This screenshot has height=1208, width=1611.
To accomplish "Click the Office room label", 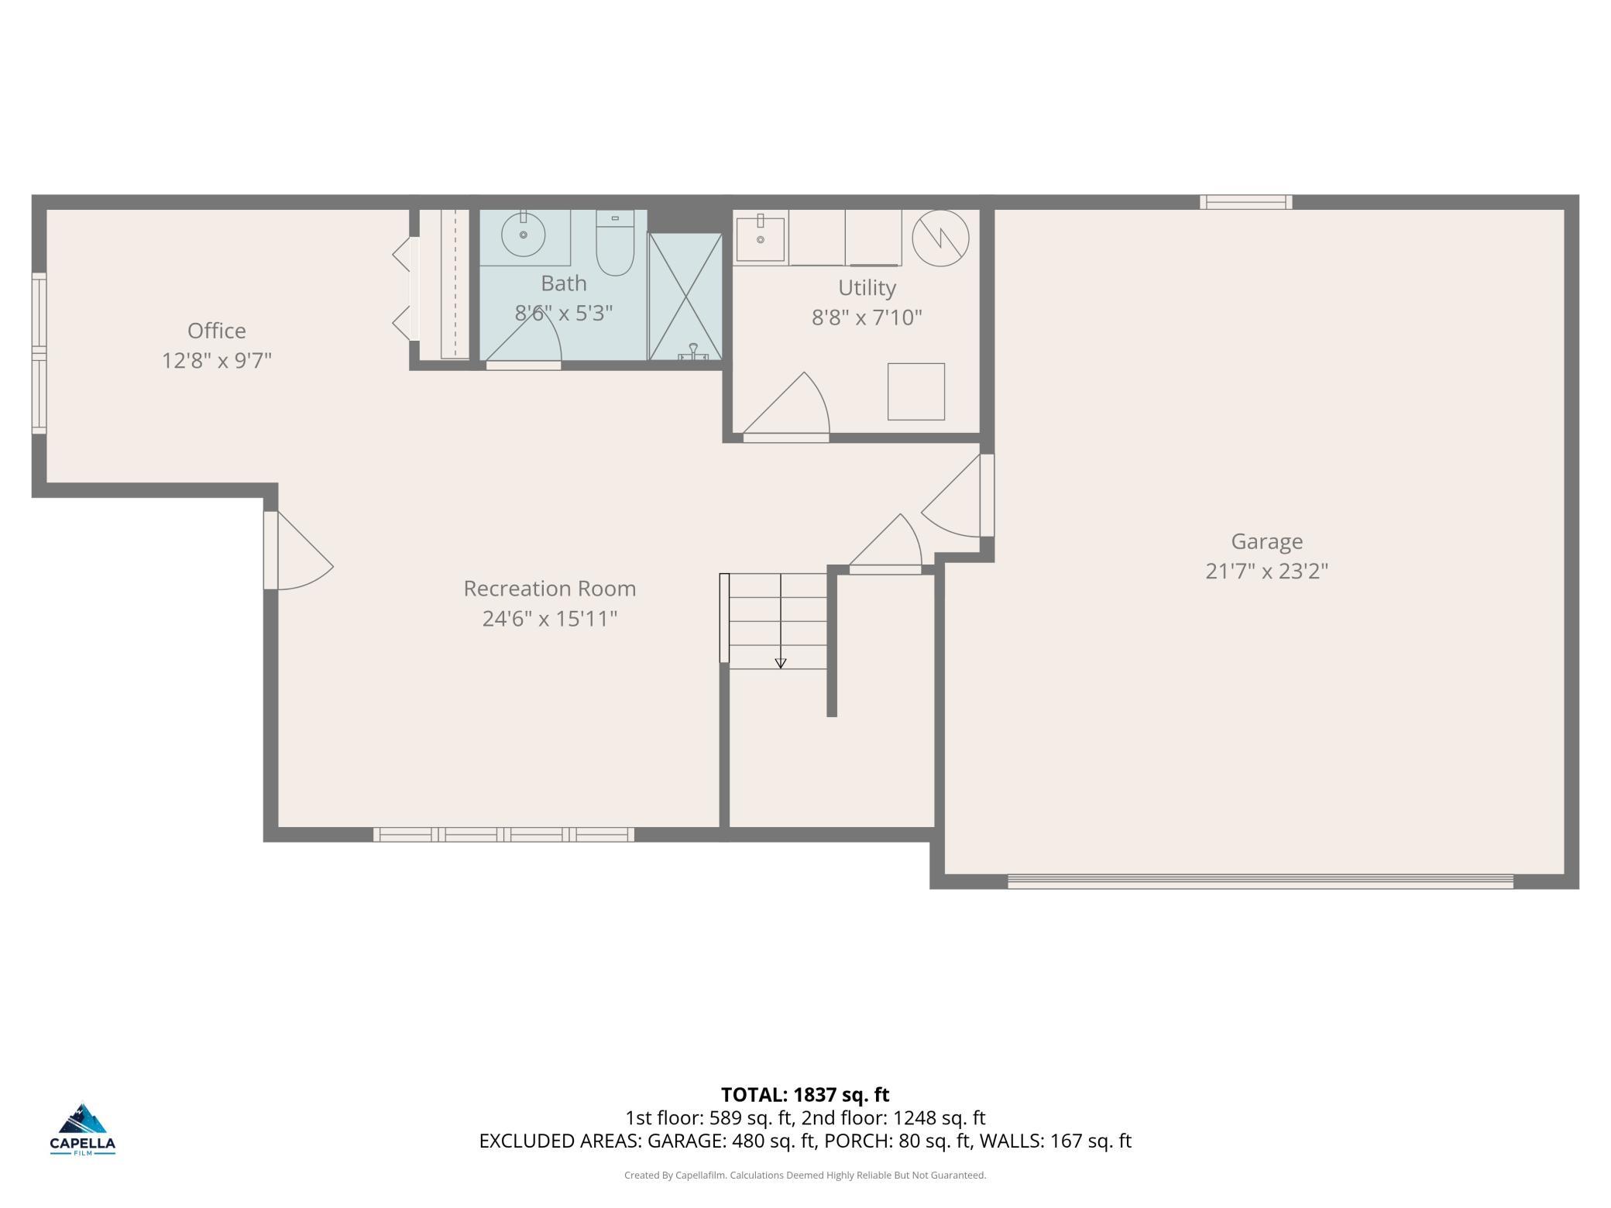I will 217,331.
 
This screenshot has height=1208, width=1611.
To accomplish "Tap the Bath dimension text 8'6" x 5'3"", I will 564,313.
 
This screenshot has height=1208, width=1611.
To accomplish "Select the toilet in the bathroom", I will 615,244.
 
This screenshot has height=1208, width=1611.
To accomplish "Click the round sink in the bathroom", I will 524,234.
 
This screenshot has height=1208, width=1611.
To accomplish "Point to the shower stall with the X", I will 685,297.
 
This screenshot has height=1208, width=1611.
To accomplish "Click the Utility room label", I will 867,287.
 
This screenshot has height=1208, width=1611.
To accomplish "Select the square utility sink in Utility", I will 760,239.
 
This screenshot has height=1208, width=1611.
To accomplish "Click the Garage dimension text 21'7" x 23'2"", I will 1266,571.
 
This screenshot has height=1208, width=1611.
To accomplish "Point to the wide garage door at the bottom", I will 1260,881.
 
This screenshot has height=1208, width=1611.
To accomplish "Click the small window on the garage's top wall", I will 1245,202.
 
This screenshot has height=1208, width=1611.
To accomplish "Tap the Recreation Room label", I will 549,589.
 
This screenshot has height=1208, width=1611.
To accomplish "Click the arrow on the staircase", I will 781,662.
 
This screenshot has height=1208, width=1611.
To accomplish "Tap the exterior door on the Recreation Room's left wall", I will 298,551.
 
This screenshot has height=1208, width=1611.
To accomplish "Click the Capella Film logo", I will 83,1129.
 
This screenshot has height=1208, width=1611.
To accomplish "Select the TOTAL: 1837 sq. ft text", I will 805,1094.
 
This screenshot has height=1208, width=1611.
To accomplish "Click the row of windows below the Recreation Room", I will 503,834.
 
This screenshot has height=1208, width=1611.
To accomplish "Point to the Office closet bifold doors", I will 403,287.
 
